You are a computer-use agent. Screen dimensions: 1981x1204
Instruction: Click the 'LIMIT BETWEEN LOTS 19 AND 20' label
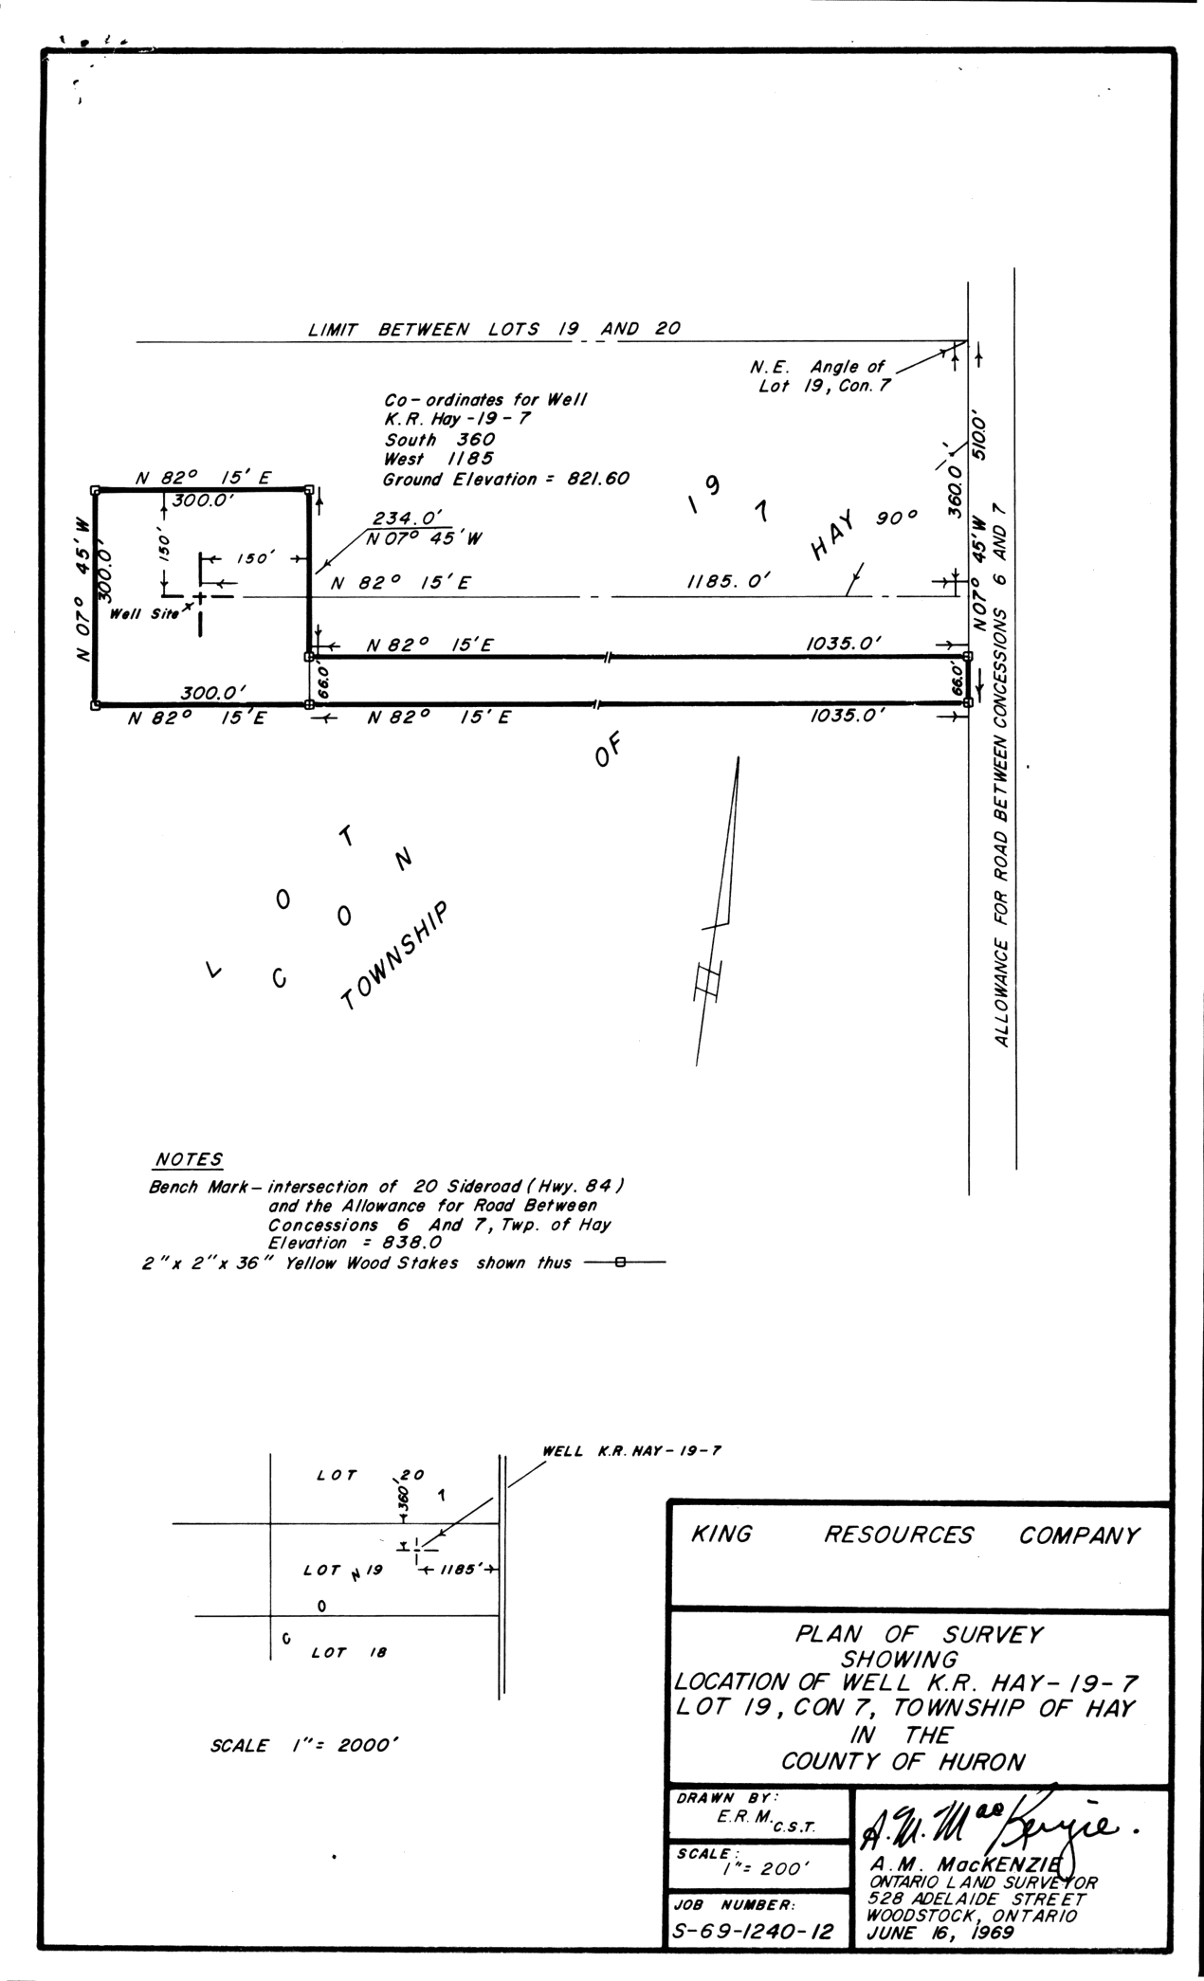tap(494, 330)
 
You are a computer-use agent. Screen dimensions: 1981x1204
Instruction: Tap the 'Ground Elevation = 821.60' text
tap(505, 480)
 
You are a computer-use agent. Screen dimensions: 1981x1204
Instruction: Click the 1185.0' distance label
tap(728, 584)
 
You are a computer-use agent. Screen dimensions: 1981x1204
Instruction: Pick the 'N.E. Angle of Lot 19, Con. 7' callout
tap(823, 376)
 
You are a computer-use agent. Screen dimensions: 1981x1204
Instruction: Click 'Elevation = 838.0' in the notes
tap(353, 1243)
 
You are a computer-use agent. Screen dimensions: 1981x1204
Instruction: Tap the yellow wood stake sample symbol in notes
tap(620, 1263)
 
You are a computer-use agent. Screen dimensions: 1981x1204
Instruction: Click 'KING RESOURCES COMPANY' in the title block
tap(916, 1536)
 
